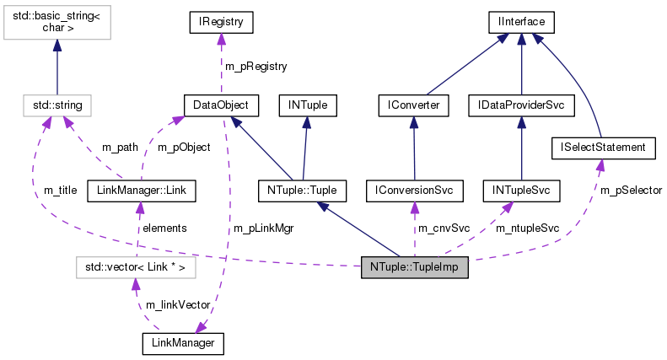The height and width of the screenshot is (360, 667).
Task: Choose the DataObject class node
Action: pyautogui.click(x=220, y=105)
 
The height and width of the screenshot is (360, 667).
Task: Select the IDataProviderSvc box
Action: pyautogui.click(x=521, y=105)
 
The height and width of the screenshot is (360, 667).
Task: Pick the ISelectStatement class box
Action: pyautogui.click(x=603, y=148)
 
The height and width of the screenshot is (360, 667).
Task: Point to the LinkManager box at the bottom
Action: pyautogui.click(x=183, y=343)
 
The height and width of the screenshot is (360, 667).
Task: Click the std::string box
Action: pyautogui.click(x=56, y=105)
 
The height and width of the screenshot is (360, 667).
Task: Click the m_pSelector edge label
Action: pyautogui.click(x=631, y=191)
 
